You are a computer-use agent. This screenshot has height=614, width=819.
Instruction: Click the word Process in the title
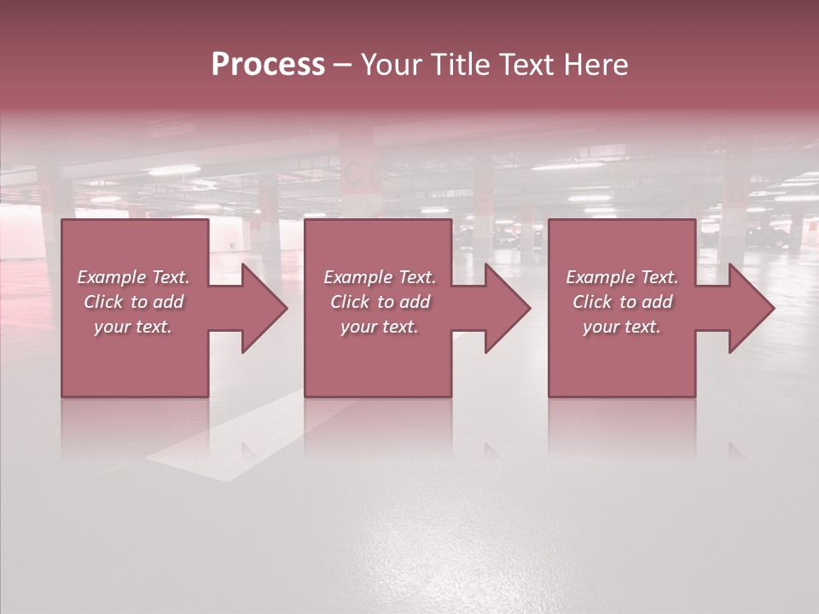268,65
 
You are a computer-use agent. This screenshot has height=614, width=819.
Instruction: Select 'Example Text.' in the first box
133,277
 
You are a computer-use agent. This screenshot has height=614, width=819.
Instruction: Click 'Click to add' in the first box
133,302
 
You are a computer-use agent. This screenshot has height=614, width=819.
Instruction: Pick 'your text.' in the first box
133,327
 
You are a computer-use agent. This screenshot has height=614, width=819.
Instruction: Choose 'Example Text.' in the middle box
379,277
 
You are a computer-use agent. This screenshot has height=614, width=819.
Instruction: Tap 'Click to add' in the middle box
379,302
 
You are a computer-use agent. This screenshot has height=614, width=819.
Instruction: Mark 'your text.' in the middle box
379,327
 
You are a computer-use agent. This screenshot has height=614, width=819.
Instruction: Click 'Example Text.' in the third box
622,277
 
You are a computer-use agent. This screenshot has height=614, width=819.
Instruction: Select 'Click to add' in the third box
622,302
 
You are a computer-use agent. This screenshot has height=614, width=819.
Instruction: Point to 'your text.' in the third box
622,327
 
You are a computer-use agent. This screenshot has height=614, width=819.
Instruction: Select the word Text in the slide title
527,65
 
